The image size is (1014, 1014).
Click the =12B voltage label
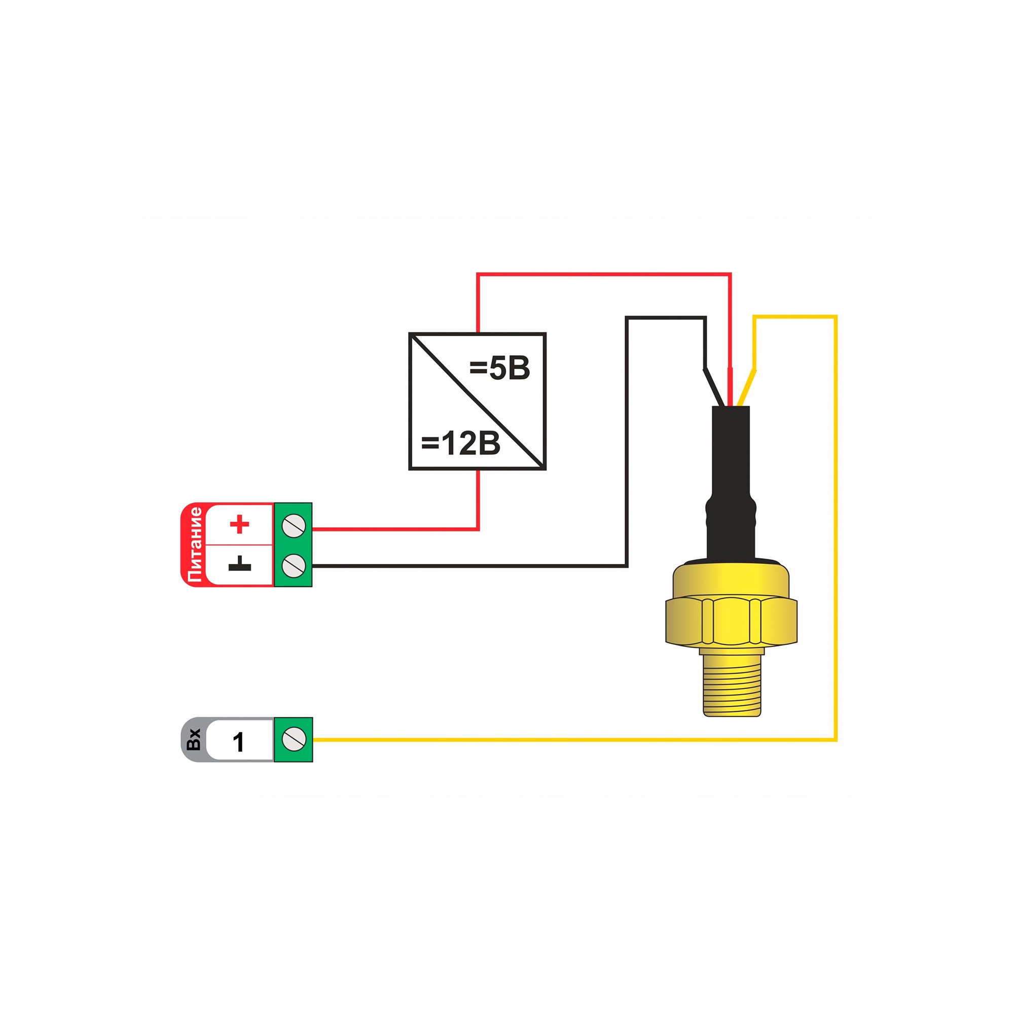pyautogui.click(x=460, y=444)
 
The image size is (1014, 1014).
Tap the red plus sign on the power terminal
pyautogui.click(x=240, y=524)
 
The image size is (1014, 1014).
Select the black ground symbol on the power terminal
pyautogui.click(x=240, y=565)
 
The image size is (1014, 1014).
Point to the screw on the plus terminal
pyautogui.click(x=294, y=524)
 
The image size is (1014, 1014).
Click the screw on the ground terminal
pyautogui.click(x=294, y=565)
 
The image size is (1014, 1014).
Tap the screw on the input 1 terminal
pyautogui.click(x=294, y=740)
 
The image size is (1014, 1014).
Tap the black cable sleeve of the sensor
pyautogui.click(x=731, y=473)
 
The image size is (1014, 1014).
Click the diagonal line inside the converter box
pyautogui.click(x=478, y=402)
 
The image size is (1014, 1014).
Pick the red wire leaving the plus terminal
pyautogui.click(x=393, y=529)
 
